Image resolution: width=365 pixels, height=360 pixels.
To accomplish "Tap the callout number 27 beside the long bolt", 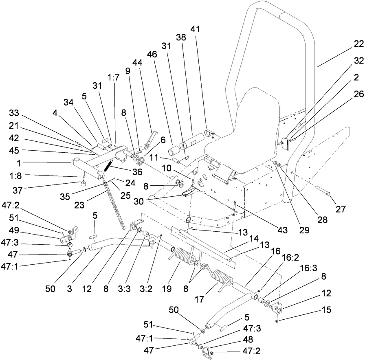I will pyautogui.click(x=341, y=209).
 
